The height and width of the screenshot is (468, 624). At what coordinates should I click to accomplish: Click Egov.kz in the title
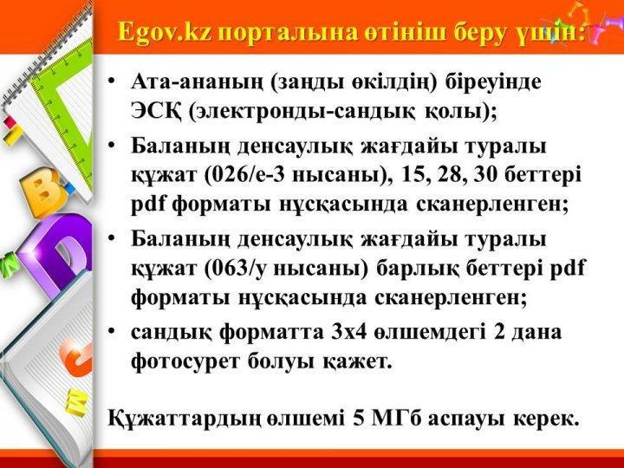(x=166, y=33)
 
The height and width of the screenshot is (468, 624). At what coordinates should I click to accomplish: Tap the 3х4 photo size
(x=348, y=332)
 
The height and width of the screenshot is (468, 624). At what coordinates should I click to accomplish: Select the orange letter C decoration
(x=78, y=361)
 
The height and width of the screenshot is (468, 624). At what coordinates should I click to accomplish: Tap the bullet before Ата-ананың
(x=113, y=81)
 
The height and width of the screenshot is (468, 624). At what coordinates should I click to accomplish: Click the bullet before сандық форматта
(x=113, y=332)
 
